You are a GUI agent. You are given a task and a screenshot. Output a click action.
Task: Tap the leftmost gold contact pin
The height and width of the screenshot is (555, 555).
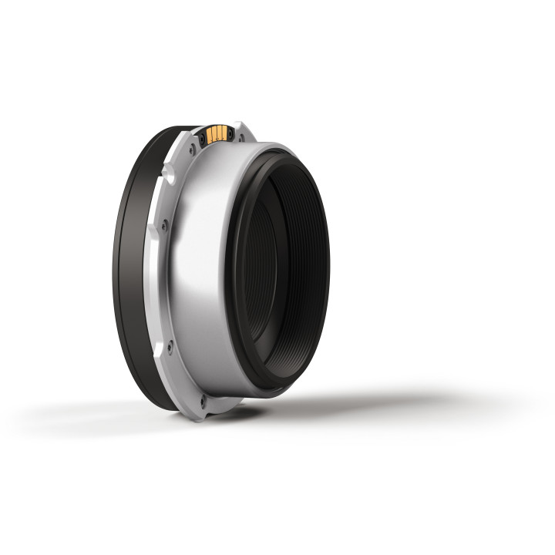click(x=210, y=137)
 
